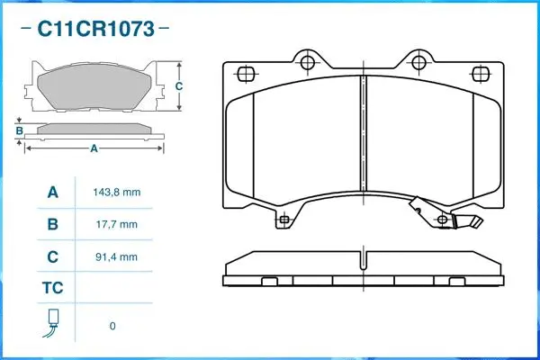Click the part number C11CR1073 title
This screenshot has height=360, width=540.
point(94,29)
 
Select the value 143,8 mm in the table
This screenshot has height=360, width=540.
point(117,193)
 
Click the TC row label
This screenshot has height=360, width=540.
point(52,289)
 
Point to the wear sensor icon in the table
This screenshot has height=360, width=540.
point(52,323)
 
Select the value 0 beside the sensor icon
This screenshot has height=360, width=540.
point(112,326)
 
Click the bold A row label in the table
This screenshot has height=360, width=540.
point(52,193)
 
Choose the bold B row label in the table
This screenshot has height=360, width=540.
point(52,224)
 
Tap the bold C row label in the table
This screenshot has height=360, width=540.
point(52,256)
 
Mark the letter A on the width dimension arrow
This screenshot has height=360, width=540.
point(94,149)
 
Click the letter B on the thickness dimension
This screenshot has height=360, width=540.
point(19,131)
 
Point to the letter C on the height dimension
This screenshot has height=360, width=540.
point(178,86)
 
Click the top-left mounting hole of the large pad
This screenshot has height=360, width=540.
point(307,62)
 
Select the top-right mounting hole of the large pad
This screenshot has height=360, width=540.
point(418,62)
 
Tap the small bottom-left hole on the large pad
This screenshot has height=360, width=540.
point(284,219)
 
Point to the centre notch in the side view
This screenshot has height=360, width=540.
point(363,264)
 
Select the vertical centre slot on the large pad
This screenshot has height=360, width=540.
point(363,135)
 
